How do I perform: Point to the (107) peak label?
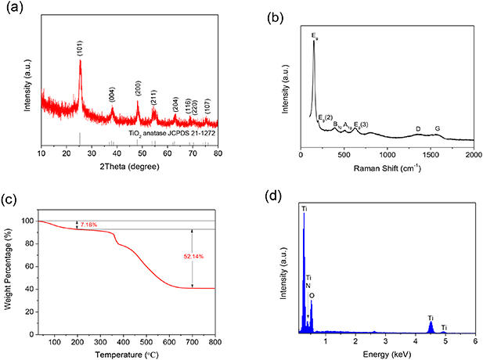coord(207,108)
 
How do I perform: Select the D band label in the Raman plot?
coord(418,128)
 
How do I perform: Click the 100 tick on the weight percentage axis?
coord(29,221)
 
